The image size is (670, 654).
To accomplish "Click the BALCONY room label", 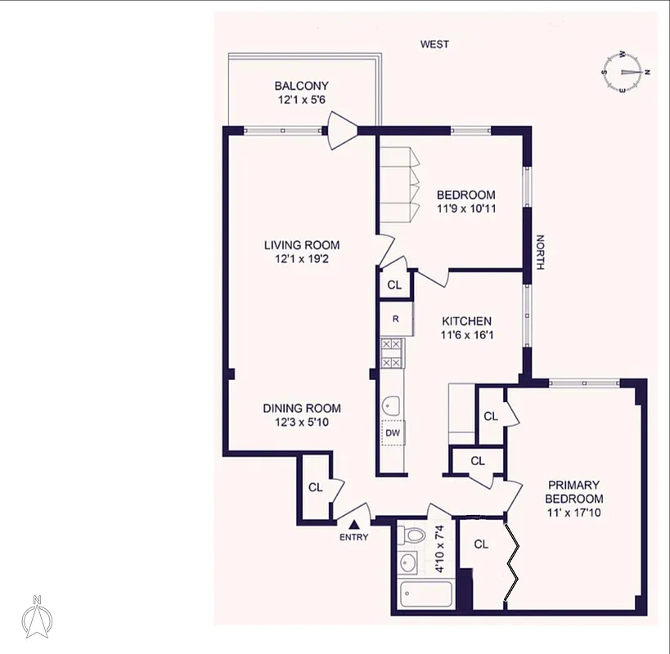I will click(x=301, y=86).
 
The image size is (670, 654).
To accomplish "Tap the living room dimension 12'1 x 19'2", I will click(x=301, y=259).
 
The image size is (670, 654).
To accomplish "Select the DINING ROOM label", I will click(x=301, y=409).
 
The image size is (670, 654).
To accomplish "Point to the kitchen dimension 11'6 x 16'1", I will click(x=467, y=336).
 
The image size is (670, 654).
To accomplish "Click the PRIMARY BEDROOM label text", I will click(x=574, y=491).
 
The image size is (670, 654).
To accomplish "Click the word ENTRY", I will click(x=354, y=537).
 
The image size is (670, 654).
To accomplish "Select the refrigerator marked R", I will click(x=395, y=320).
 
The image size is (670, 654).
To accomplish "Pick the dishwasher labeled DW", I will click(x=393, y=432).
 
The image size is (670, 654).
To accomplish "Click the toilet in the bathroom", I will click(x=413, y=535).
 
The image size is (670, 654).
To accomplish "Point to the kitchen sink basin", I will click(x=390, y=404).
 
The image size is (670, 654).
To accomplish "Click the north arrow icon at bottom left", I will click(x=36, y=618).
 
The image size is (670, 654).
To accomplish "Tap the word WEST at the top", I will click(x=434, y=44).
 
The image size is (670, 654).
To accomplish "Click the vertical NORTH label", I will click(x=539, y=253).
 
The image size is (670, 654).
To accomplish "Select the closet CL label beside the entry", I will click(x=316, y=487).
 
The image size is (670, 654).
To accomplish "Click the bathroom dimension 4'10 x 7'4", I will click(x=440, y=549).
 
